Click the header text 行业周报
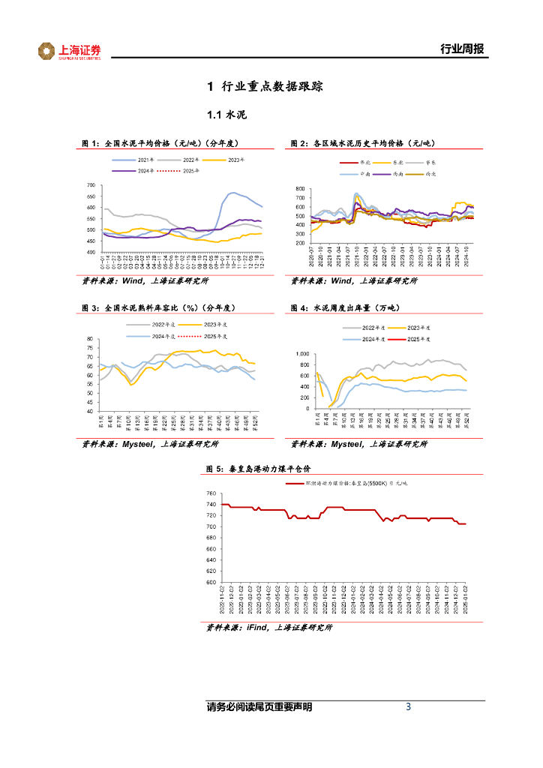click(x=461, y=49)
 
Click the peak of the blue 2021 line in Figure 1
click(x=233, y=193)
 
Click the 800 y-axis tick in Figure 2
click(x=301, y=189)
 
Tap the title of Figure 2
click(x=363, y=142)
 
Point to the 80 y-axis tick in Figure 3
click(x=89, y=339)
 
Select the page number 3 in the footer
click(x=408, y=706)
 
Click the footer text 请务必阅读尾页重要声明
click(x=259, y=707)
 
